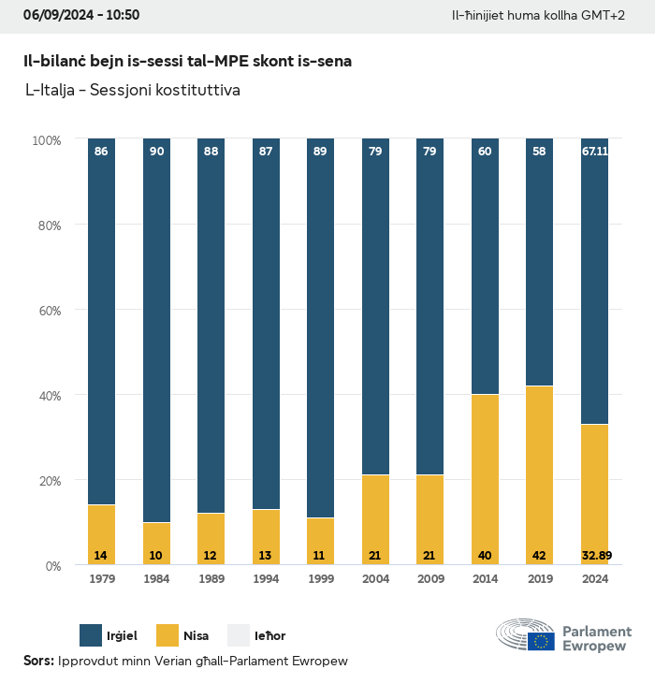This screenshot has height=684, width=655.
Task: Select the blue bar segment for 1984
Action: coord(156,327)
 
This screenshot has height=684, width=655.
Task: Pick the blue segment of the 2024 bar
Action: coord(594,281)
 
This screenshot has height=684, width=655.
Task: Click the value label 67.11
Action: coord(595,151)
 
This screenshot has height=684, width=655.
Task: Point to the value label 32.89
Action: coord(595,555)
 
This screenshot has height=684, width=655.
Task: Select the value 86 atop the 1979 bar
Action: coord(101,151)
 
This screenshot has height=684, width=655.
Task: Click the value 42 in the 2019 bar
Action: coord(539,555)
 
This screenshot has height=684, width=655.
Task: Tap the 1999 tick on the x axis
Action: coord(320,579)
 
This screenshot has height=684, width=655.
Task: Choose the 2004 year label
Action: coord(375,579)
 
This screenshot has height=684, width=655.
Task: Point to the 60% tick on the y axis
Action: coord(47,310)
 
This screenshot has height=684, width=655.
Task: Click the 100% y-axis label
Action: coord(45,139)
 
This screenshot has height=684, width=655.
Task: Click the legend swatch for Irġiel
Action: coord(92,635)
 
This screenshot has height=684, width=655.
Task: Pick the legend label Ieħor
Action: coord(270,636)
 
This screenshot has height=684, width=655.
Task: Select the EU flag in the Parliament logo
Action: coord(541,641)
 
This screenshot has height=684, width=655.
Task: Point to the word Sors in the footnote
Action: coord(37,662)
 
